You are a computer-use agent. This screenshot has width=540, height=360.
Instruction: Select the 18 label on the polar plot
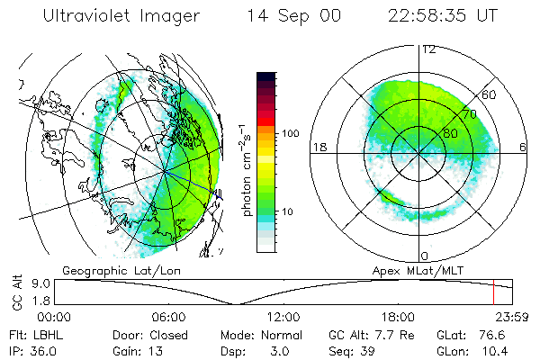(x=318, y=146)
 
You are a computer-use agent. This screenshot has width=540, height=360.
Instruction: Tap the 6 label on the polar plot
(x=522, y=146)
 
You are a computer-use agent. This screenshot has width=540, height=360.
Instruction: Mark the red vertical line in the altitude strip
(x=493, y=293)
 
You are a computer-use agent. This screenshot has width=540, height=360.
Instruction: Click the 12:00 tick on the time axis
(x=283, y=317)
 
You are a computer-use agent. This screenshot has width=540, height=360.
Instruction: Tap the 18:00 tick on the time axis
(x=398, y=317)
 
